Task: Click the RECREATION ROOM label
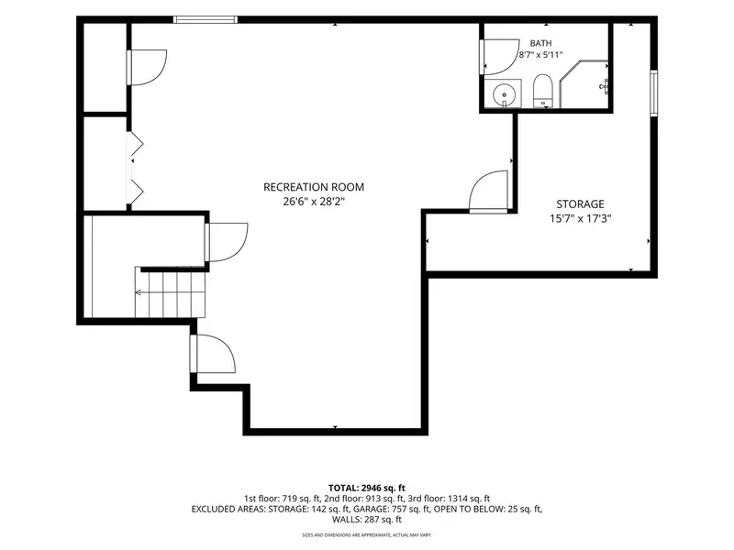[x=314, y=187]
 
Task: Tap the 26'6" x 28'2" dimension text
[x=314, y=202]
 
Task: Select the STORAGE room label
[x=580, y=203]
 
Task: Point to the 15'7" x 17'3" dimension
[x=581, y=218]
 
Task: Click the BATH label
[x=540, y=43]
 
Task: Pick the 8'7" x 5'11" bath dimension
[x=540, y=55]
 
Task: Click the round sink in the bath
[x=504, y=95]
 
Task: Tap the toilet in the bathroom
[x=543, y=91]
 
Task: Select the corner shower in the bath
[x=584, y=84]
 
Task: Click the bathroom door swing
[x=500, y=57]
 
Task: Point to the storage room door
[x=488, y=192]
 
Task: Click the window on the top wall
[x=205, y=19]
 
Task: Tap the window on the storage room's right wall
[x=654, y=93]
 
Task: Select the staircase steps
[x=171, y=292]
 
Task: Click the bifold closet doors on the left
[x=135, y=168]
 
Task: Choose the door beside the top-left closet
[x=146, y=67]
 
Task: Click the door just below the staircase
[x=213, y=354]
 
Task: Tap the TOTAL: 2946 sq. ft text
[x=366, y=489]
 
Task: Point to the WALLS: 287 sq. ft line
[x=366, y=519]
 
